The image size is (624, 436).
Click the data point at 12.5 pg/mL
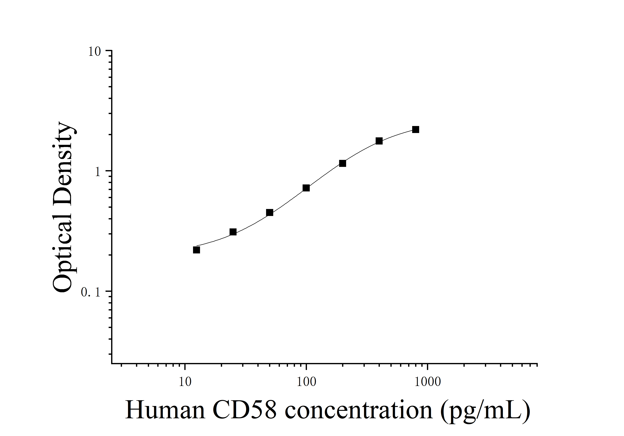(196, 250)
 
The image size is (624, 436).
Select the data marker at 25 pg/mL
(233, 232)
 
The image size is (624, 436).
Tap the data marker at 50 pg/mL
(270, 212)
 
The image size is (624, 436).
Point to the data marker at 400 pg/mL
(379, 141)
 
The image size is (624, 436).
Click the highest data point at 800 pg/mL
(416, 130)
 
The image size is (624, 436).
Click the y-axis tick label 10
(94, 52)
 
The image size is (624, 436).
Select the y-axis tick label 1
(98, 172)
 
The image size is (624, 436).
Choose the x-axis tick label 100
(306, 382)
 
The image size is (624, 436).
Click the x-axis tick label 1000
(428, 382)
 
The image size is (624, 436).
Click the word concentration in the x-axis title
(359, 411)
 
